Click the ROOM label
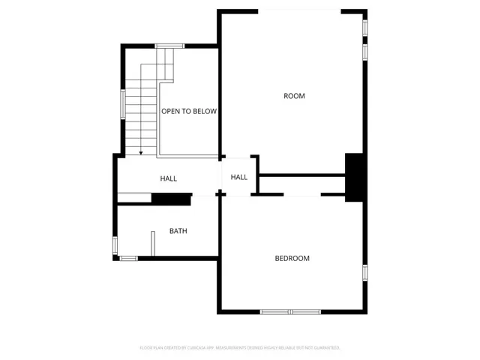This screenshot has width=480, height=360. (294, 95)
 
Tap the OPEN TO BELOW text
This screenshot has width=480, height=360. (189, 111)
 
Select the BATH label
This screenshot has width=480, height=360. (178, 231)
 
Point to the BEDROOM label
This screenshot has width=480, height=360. (292, 259)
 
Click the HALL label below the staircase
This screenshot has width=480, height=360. (169, 178)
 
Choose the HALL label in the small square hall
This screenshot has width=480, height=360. (239, 177)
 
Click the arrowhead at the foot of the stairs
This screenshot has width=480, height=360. (140, 153)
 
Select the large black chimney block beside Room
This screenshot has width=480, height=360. (353, 177)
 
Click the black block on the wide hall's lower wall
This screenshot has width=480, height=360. (171, 199)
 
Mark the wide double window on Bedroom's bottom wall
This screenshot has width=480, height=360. (290, 311)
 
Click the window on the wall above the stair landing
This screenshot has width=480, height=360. (169, 46)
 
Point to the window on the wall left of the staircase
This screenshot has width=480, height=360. (123, 103)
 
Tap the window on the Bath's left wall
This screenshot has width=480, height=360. (115, 244)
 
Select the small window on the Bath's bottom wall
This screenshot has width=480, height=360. (129, 259)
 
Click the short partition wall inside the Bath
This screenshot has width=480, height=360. (152, 244)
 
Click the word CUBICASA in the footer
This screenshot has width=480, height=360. (201, 348)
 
